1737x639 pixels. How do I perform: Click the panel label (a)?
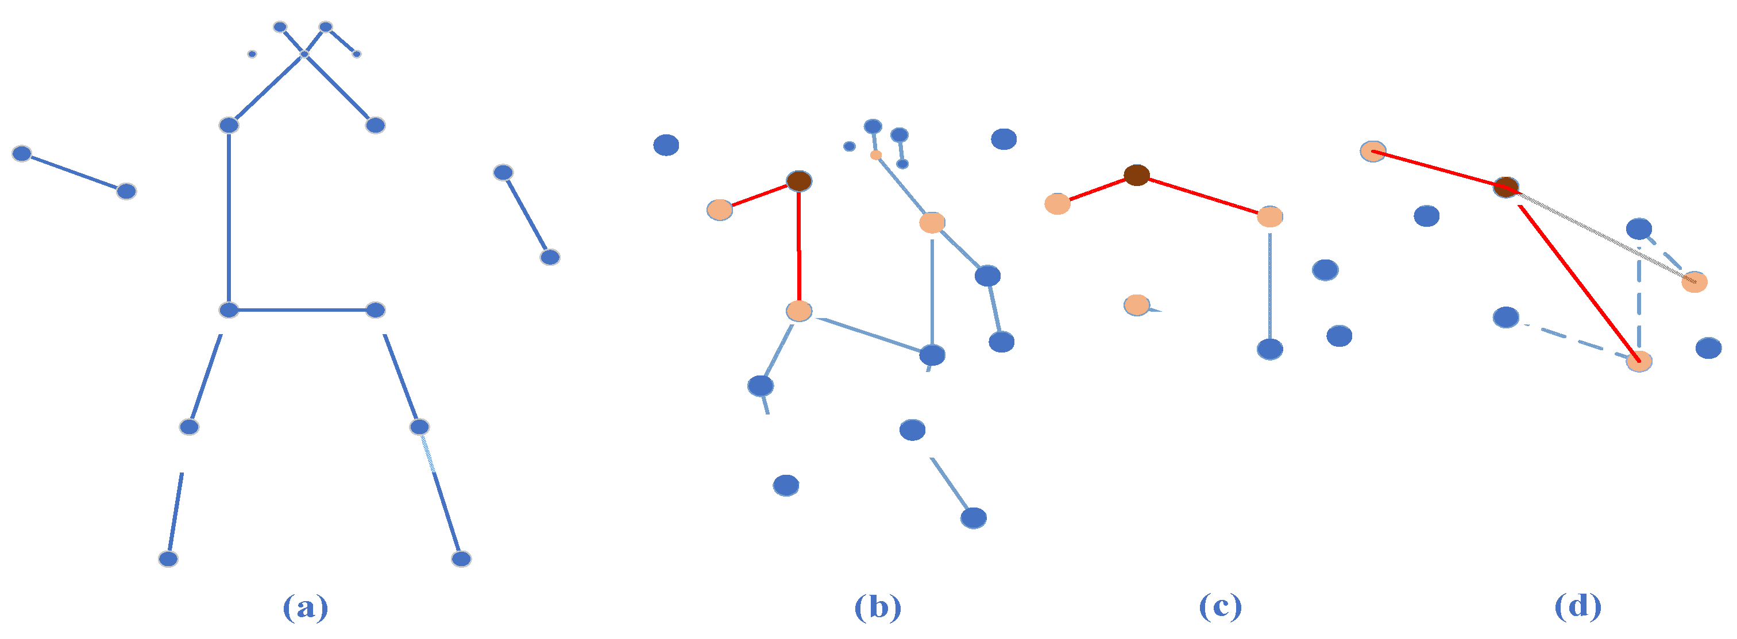[306, 607]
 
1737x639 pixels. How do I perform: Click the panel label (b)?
[877, 607]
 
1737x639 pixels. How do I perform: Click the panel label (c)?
[1220, 607]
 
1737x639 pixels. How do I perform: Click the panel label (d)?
[1578, 607]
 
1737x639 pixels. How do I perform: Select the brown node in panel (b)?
[799, 181]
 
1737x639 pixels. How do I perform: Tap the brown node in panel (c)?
[1136, 175]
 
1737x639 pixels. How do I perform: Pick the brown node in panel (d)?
[1506, 187]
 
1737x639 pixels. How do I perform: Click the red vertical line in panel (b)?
[799, 246]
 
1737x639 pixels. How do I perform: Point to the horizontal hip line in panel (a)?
[302, 310]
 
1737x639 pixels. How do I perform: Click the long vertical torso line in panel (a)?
[229, 216]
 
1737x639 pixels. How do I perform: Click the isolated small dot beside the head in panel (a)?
[252, 54]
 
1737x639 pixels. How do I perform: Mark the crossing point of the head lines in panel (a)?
[304, 54]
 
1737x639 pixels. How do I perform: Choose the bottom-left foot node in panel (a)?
[168, 559]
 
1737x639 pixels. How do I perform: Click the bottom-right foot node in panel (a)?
[461, 559]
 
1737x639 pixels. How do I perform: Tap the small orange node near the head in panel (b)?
[875, 155]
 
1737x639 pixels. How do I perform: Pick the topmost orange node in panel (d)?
[1373, 151]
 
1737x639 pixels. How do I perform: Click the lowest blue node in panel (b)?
[973, 518]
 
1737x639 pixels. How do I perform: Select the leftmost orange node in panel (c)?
[1057, 204]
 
